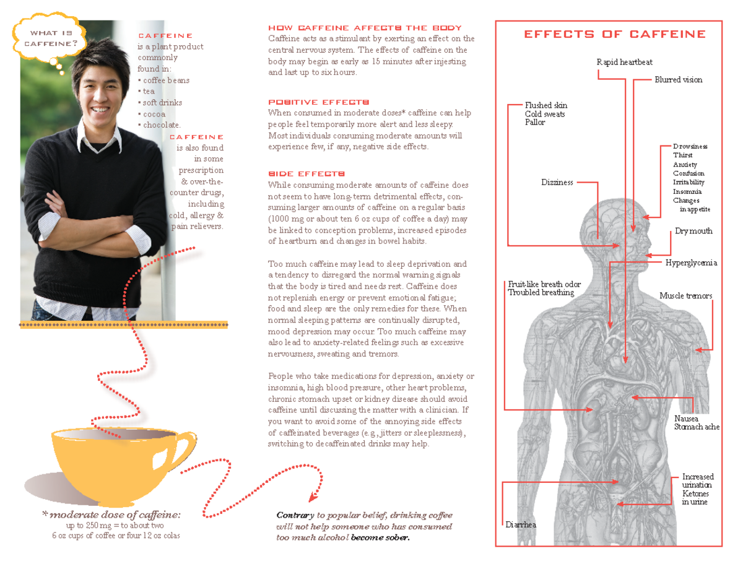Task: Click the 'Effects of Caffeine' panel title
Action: (614, 34)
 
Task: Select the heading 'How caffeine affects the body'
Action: (365, 28)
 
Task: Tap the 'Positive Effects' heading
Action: (318, 102)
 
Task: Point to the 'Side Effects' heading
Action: (303, 174)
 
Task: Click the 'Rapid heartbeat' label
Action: (624, 62)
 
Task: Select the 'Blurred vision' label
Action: (679, 80)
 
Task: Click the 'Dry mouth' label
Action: (693, 231)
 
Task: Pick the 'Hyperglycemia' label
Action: (691, 263)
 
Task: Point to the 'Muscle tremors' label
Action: (685, 295)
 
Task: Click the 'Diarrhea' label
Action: (520, 524)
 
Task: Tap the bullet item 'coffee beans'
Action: (166, 80)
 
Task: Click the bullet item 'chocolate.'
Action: (162, 125)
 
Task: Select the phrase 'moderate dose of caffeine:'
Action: (115, 515)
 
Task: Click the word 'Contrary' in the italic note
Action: (295, 515)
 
